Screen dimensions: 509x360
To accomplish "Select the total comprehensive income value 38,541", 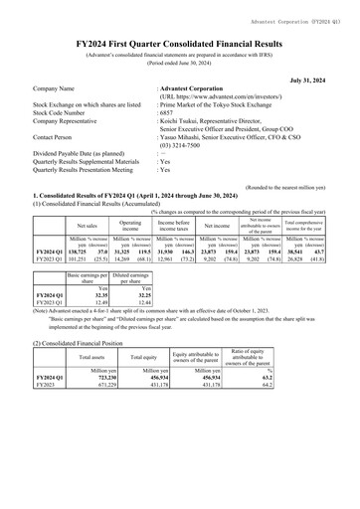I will [303, 255].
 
